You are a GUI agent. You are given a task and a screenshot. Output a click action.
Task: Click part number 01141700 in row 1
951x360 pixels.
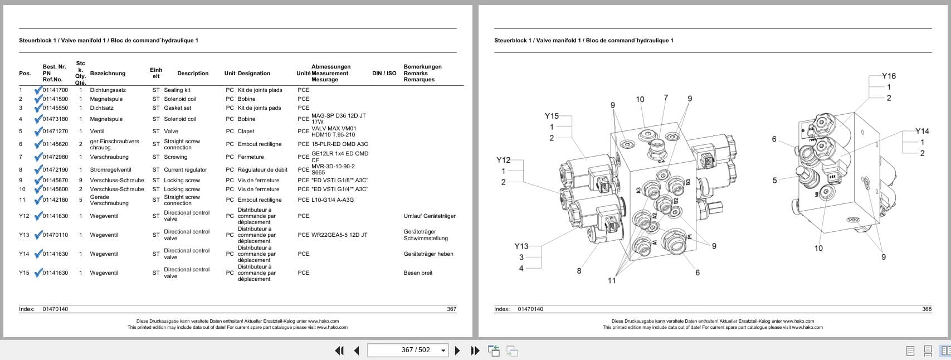(x=55, y=90)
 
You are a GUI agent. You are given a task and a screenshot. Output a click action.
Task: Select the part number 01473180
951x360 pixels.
(x=55, y=119)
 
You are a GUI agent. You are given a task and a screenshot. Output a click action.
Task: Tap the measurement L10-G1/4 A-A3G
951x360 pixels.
(x=332, y=200)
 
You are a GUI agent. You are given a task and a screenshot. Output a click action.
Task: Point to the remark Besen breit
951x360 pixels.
(x=418, y=273)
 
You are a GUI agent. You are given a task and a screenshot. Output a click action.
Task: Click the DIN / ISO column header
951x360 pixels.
(x=384, y=74)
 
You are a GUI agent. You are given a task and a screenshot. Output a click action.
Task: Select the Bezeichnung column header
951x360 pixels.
(x=108, y=74)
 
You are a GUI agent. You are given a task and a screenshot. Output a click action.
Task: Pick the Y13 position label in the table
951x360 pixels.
(x=24, y=235)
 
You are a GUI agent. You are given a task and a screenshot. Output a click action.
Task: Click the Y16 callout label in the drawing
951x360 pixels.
(x=889, y=76)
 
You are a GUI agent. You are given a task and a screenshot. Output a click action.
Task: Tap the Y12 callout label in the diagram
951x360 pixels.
(x=503, y=160)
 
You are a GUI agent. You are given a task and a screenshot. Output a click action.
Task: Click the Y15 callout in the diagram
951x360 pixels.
(x=551, y=116)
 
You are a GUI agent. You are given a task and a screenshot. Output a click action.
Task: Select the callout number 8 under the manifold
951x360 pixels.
(x=579, y=271)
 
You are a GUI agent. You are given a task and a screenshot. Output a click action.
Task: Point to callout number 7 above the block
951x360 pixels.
(x=666, y=98)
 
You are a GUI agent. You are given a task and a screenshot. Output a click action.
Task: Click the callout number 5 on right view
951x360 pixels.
(x=774, y=181)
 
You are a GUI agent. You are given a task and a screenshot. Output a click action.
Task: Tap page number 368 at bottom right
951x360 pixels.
(x=926, y=309)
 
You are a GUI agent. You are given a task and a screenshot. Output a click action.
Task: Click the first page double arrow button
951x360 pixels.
(x=339, y=351)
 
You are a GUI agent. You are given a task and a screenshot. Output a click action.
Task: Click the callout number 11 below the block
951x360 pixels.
(x=612, y=280)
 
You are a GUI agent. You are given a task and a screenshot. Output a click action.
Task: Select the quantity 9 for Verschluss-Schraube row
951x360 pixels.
(x=80, y=181)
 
